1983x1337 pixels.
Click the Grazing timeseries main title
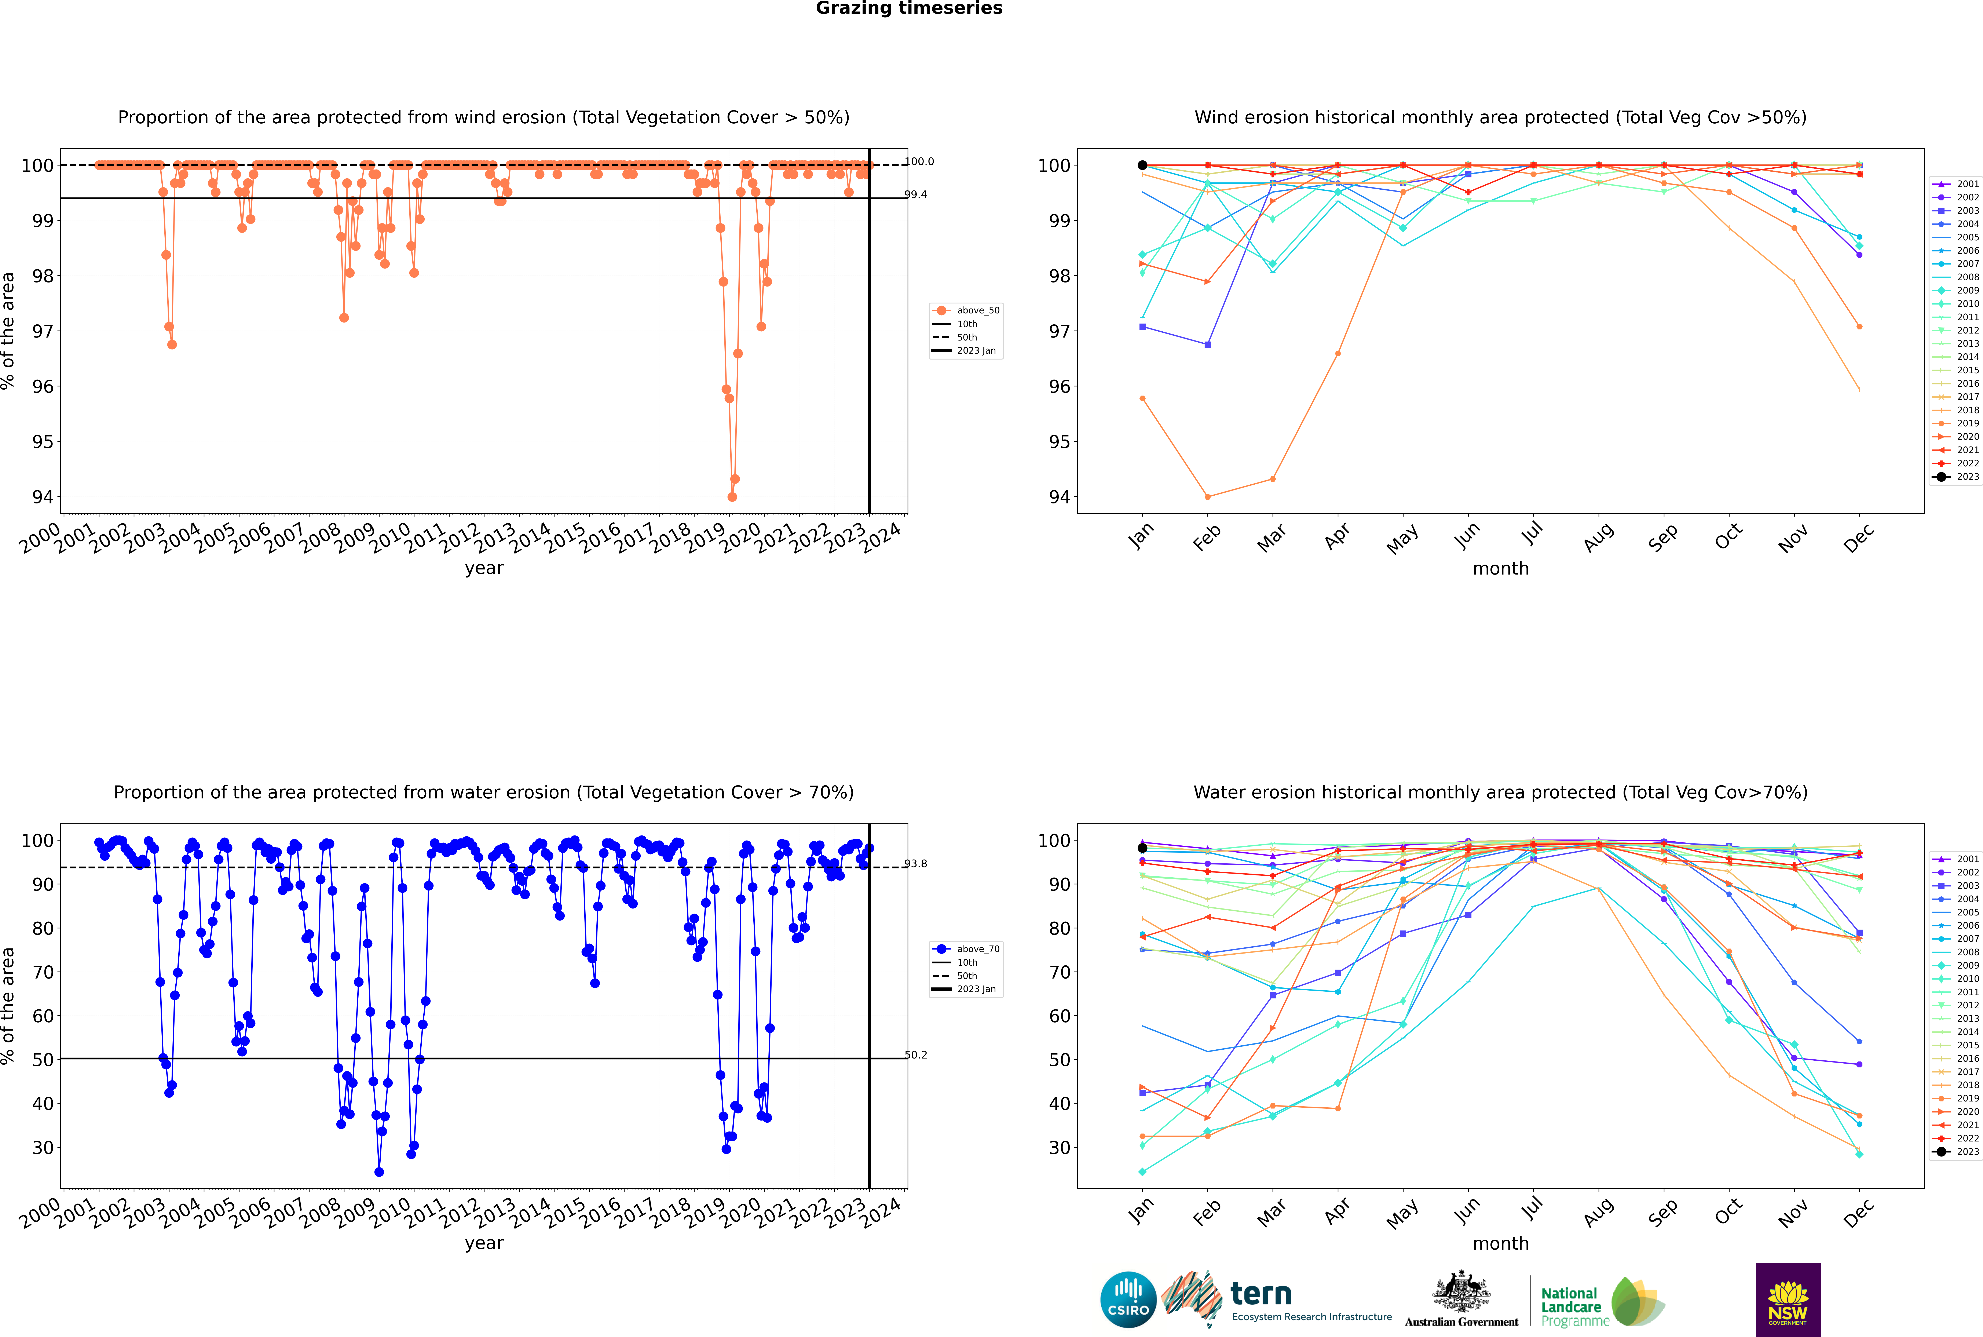coord(909,8)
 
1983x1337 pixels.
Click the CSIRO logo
coord(1128,1300)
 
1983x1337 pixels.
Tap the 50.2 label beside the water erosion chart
coord(916,1055)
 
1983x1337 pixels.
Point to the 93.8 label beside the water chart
coord(916,864)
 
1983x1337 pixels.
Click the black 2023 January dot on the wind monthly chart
coord(1142,165)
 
